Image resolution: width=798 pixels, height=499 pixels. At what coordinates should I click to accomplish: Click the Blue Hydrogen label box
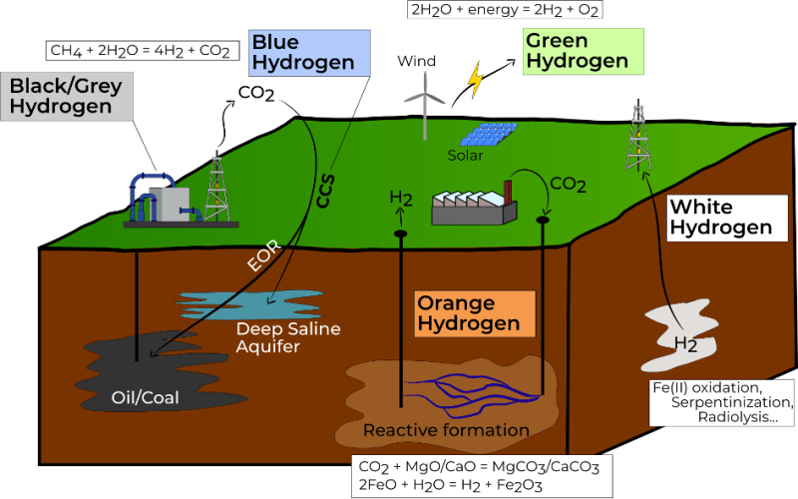click(309, 53)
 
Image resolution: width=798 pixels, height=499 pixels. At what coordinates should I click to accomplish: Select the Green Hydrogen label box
click(584, 52)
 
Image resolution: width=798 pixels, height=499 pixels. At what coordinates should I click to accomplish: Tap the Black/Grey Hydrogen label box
click(67, 96)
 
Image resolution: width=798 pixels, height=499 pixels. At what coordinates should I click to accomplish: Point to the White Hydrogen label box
click(727, 218)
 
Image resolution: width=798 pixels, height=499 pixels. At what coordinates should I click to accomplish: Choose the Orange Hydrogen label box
click(476, 313)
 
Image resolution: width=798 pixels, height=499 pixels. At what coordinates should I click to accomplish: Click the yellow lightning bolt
click(476, 80)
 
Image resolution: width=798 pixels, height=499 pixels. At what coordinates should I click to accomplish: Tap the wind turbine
click(425, 106)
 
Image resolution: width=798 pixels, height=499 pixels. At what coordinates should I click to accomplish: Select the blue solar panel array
click(488, 134)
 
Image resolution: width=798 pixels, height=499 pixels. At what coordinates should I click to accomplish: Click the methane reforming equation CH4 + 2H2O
click(143, 51)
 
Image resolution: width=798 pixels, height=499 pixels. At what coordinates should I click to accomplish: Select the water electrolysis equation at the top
click(505, 10)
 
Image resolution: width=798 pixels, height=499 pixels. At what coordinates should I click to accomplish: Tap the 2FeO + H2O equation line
click(451, 485)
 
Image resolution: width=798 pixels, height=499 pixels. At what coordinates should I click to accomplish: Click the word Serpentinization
click(732, 402)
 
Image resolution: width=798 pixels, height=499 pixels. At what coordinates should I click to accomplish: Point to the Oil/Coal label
click(145, 397)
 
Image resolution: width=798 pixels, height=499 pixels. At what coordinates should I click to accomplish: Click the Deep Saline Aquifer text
click(288, 337)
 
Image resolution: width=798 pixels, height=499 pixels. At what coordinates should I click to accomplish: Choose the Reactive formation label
click(446, 430)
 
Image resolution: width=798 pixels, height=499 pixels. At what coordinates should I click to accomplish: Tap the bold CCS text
click(325, 191)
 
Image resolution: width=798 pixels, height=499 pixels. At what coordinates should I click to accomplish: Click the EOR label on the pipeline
click(263, 255)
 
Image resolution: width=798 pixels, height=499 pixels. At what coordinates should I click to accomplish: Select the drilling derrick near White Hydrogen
click(638, 136)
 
